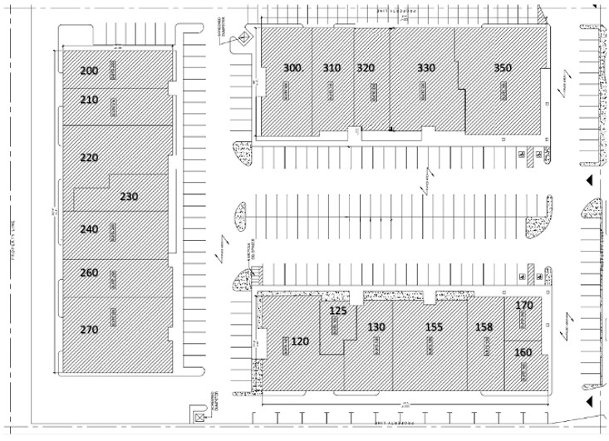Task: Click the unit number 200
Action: coord(89,71)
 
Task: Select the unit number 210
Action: coord(89,100)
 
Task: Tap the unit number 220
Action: coord(89,157)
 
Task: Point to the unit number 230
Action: coord(129,197)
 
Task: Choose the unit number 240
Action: coord(89,229)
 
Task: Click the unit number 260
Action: coord(89,272)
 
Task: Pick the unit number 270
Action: coord(89,330)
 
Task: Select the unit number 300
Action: coord(292,68)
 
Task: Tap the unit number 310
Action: coord(332,68)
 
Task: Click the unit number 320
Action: coord(366,68)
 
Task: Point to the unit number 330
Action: coord(426,68)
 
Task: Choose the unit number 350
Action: coord(503,68)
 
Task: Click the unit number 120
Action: coord(300,341)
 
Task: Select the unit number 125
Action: coord(338,311)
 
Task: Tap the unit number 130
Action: coord(376,327)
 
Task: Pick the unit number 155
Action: coord(435,327)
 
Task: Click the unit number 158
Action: coord(484,327)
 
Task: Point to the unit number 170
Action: coord(524,306)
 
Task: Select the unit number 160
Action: coord(523,352)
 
